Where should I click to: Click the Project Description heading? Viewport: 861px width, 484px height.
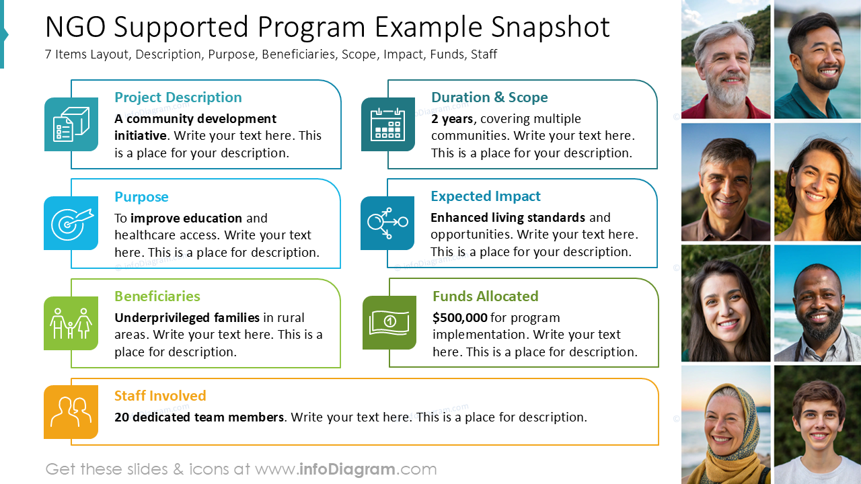pyautogui.click(x=178, y=97)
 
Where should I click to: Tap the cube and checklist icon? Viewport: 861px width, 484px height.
pyautogui.click(x=71, y=124)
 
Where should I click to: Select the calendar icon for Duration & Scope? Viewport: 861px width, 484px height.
pyautogui.click(x=388, y=124)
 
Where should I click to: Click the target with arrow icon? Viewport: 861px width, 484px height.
pyautogui.click(x=71, y=223)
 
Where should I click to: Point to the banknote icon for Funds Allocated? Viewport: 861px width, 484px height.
pyautogui.click(x=389, y=323)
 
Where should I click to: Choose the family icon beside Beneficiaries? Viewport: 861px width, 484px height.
pyautogui.click(x=71, y=323)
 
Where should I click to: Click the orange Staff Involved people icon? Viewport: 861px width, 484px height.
pyautogui.click(x=71, y=411)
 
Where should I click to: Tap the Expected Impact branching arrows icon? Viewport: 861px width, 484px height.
pyautogui.click(x=387, y=223)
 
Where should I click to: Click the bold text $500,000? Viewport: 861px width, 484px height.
pyautogui.click(x=460, y=317)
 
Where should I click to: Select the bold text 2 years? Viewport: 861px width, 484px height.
pyautogui.click(x=453, y=119)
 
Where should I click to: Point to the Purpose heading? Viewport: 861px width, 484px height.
pyautogui.click(x=141, y=197)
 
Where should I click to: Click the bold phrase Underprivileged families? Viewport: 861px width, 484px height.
pyautogui.click(x=187, y=317)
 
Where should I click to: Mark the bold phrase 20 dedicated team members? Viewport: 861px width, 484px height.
pyautogui.click(x=198, y=417)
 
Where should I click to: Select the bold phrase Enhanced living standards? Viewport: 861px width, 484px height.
pyautogui.click(x=508, y=218)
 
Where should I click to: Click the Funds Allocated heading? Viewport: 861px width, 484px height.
pyautogui.click(x=485, y=296)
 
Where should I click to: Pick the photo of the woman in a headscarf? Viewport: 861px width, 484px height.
pyautogui.click(x=725, y=425)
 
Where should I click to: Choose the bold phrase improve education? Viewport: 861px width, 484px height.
pyautogui.click(x=186, y=218)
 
